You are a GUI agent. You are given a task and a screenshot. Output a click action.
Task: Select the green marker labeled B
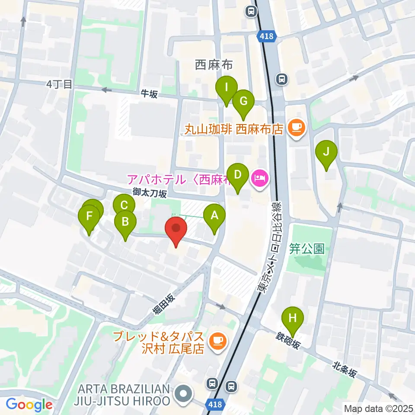coord(125,223)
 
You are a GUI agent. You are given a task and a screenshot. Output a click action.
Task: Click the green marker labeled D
coord(237,176)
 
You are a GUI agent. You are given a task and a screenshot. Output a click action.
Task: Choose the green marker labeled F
coord(89,216)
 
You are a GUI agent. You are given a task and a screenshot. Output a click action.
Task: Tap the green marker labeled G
coord(243,102)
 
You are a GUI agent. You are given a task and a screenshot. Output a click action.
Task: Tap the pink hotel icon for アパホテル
coord(260,177)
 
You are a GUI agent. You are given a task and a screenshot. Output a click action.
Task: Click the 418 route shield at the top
coord(267,36)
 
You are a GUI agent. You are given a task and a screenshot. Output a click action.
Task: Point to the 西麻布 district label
coord(214,65)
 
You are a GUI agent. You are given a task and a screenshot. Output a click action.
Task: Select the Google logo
coord(29,405)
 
